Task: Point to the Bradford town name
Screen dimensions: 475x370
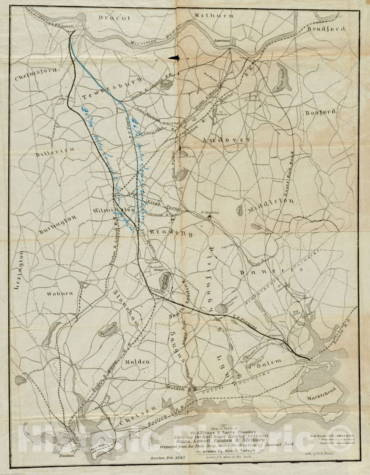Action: [x=326, y=29]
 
